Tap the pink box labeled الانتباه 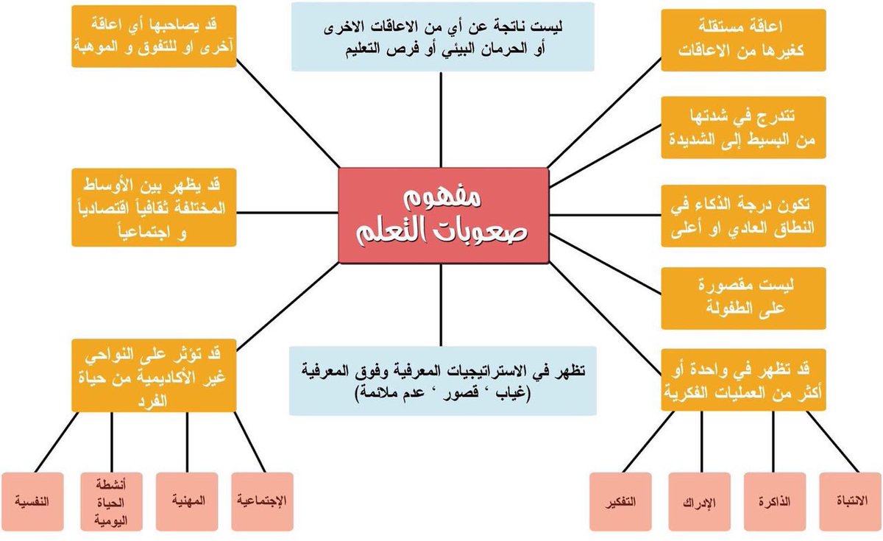tap(851, 502)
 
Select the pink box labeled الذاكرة tap(774, 502)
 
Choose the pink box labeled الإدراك tap(699, 502)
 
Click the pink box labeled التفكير tap(623, 502)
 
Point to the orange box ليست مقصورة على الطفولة tap(742, 298)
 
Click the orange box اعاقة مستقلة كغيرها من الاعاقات tap(742, 40)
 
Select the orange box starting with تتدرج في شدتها tap(742, 127)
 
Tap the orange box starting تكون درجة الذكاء tap(742, 214)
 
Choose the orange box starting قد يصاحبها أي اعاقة tap(155, 36)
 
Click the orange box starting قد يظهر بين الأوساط tap(155, 208)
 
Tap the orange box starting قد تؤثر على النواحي tap(154, 375)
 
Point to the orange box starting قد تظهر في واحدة tap(743, 378)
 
